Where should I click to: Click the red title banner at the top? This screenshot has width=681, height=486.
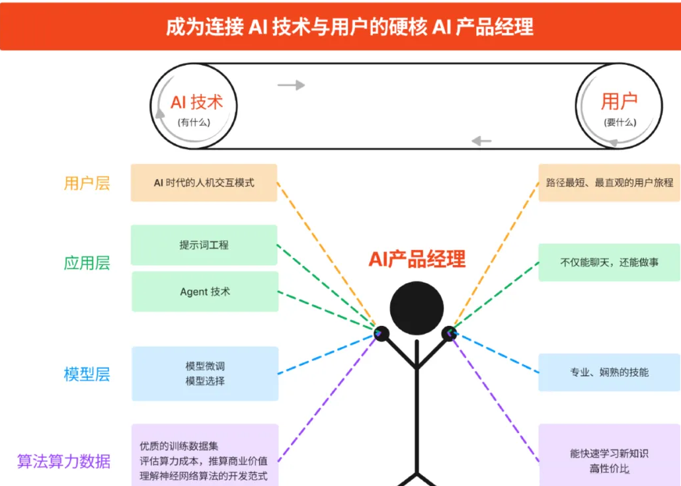click(340, 26)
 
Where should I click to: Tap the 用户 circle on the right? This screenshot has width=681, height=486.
click(619, 106)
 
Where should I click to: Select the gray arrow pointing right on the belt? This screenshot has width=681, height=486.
click(291, 85)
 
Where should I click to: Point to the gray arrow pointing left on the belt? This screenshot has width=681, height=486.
click(481, 140)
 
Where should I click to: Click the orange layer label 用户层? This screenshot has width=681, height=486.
click(87, 183)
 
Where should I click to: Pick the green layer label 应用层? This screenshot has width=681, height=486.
click(87, 263)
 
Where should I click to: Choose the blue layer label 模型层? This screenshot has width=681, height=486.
click(87, 374)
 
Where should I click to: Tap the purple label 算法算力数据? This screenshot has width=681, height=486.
click(63, 461)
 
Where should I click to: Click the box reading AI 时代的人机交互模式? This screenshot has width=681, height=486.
click(204, 182)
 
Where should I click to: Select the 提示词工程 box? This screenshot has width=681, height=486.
click(204, 245)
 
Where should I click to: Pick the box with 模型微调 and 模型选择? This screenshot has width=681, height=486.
click(205, 374)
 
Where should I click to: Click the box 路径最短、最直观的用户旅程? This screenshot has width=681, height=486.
click(609, 182)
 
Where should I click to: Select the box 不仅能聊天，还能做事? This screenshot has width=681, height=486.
click(609, 263)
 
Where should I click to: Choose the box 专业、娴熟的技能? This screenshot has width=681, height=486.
click(609, 372)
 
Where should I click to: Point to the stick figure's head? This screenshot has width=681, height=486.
click(416, 308)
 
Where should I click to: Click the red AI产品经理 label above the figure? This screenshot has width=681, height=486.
click(417, 259)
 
